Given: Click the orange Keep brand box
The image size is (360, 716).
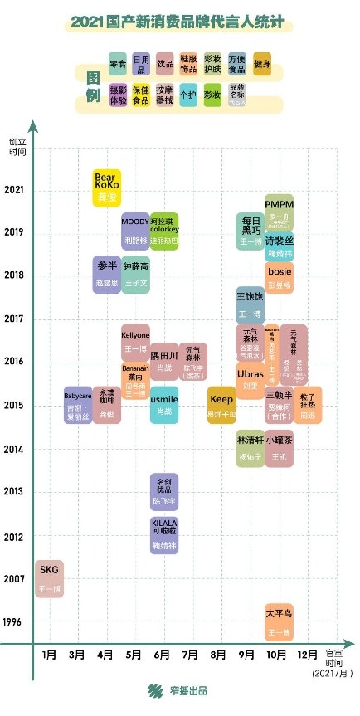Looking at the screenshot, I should (221, 405).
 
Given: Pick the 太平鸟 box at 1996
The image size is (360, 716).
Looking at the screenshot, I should (279, 623).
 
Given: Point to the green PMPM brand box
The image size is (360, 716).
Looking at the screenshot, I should (279, 212).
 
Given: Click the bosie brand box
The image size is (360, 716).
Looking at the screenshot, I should (279, 277).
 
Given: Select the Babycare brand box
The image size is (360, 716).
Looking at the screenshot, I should (78, 405).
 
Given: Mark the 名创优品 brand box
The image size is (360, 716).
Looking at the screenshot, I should (164, 491).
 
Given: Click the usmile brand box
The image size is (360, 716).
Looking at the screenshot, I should (164, 405).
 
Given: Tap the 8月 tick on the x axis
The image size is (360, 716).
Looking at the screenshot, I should (220, 655).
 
